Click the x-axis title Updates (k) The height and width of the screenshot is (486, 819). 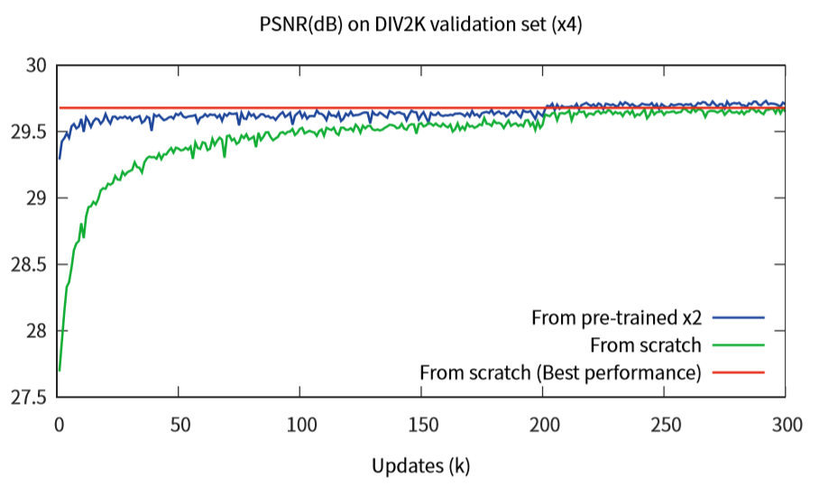coord(420,465)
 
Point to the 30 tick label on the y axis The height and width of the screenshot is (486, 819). coord(35,66)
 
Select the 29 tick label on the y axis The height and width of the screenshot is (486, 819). coord(35,198)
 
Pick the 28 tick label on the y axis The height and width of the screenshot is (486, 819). coord(35,331)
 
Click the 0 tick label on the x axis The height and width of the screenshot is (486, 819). coord(59,421)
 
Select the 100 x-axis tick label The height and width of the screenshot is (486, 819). coord(300,421)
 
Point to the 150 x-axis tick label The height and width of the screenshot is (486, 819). coord(421,421)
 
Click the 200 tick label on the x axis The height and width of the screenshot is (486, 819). coord(542,421)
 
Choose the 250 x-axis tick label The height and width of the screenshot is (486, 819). coord(664,421)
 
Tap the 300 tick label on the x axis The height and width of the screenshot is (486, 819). coord(785,421)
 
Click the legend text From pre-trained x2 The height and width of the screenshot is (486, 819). coord(617,317)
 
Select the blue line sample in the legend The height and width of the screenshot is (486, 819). coord(738,317)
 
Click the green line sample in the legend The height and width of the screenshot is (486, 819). coord(738,345)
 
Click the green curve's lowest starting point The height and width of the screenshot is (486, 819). coord(60,370)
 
